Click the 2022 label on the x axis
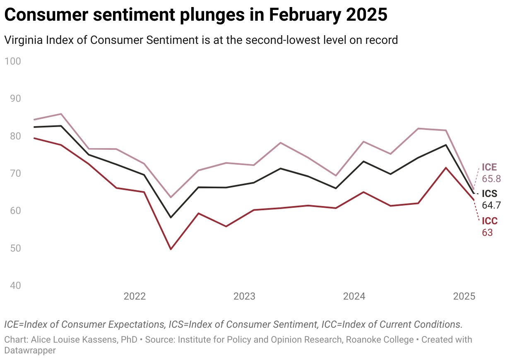click(135, 296)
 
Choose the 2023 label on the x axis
click(244, 296)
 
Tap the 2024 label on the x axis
click(354, 296)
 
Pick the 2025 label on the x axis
click(464, 296)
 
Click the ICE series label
click(489, 168)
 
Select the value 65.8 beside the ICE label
click(491, 179)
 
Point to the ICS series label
click(490, 194)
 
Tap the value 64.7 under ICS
click(491, 205)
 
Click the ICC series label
click(490, 221)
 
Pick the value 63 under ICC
click(487, 233)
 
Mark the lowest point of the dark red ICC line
click(171, 249)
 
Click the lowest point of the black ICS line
click(171, 217)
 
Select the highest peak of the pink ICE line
click(61, 114)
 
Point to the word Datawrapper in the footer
click(30, 350)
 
